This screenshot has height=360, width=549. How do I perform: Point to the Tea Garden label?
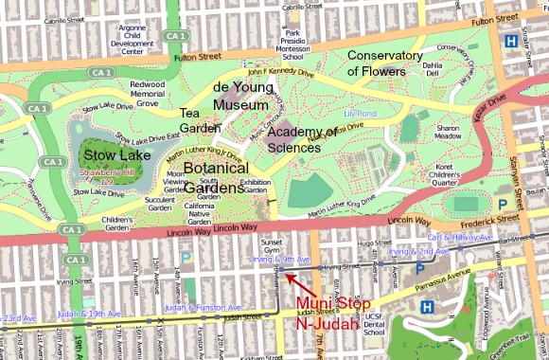(200, 121)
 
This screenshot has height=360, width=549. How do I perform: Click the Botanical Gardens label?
(215, 173)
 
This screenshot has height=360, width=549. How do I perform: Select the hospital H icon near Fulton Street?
(511, 41)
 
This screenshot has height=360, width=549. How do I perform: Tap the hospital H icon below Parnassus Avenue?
(427, 307)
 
